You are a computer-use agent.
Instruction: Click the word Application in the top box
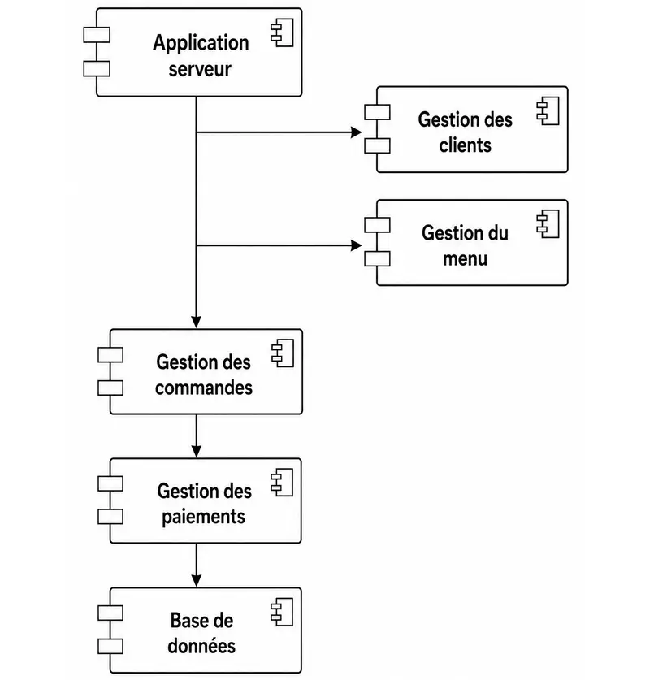click(201, 44)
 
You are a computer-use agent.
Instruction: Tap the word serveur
click(200, 69)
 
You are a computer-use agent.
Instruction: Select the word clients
click(466, 145)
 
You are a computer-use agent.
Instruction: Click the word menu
click(466, 259)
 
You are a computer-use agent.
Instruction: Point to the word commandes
click(204, 388)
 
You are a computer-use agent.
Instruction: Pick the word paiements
click(203, 518)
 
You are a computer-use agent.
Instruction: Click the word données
click(201, 646)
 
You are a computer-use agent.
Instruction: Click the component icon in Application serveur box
click(282, 32)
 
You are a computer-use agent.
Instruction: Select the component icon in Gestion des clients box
click(548, 111)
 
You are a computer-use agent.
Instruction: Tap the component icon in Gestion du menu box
click(548, 223)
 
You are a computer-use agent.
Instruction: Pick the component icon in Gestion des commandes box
click(283, 353)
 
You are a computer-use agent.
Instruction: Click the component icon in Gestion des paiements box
click(282, 483)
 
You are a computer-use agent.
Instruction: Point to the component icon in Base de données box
click(282, 612)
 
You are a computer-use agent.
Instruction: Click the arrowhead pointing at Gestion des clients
click(357, 132)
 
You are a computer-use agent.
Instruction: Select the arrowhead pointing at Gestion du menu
click(357, 245)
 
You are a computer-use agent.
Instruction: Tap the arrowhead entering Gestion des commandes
click(197, 323)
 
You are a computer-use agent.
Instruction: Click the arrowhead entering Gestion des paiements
click(197, 452)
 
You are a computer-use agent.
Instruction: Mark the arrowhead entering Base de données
click(197, 581)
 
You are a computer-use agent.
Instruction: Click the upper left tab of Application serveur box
click(97, 35)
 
